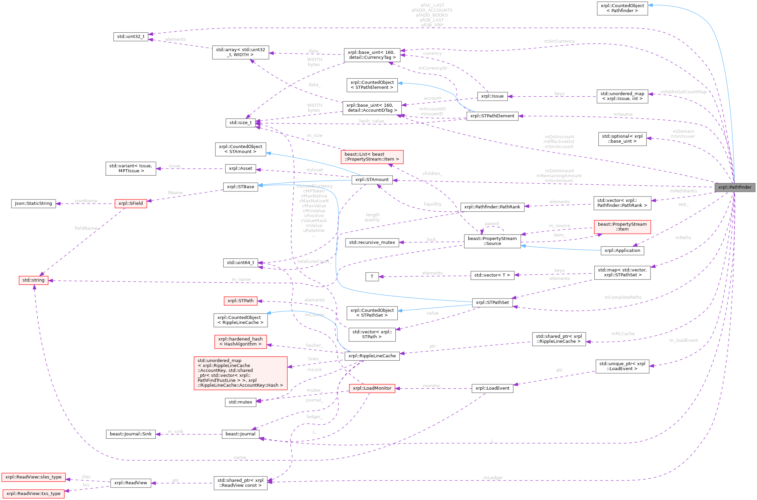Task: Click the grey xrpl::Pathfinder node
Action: point(735,187)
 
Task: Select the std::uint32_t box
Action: point(130,36)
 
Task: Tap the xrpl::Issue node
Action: point(492,96)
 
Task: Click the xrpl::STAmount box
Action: point(372,180)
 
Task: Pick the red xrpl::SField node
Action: point(130,204)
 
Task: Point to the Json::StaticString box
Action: point(33,204)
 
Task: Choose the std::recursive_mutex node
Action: point(372,243)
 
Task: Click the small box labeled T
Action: point(372,277)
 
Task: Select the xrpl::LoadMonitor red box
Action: point(372,388)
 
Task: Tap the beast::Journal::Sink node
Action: point(130,434)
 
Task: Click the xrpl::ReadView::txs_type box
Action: point(33,494)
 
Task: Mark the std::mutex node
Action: point(240,402)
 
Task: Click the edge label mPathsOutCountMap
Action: point(683,92)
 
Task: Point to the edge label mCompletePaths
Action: point(623,297)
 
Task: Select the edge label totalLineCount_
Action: point(314,261)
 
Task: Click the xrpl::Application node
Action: point(622,251)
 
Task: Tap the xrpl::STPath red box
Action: point(240,301)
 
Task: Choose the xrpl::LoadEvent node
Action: point(492,388)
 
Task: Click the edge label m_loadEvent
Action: point(683,341)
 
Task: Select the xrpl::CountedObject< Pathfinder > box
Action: point(622,8)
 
